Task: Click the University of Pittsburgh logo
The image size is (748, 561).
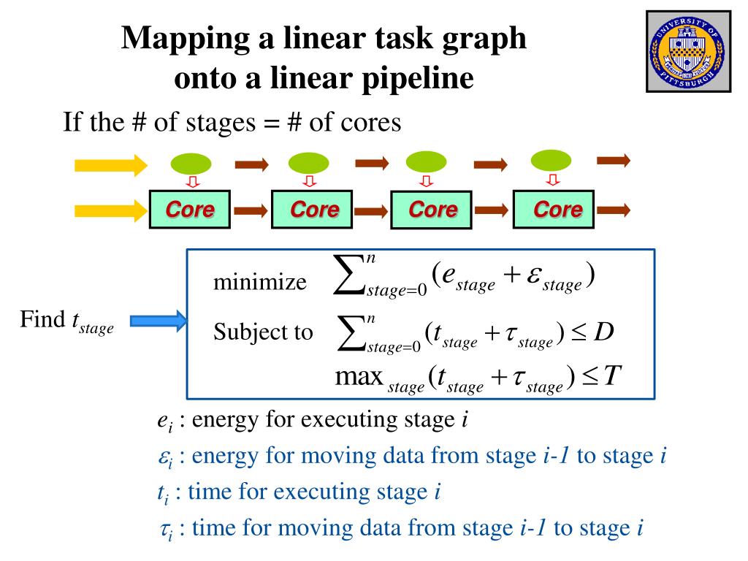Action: (688, 51)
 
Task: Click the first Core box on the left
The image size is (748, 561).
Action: (190, 210)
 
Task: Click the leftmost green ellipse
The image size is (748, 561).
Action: (191, 164)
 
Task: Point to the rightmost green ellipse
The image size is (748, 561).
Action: (551, 160)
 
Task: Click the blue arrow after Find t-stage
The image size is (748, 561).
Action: (158, 321)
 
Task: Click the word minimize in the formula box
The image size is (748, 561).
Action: (259, 282)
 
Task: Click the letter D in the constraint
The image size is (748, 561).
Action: (603, 332)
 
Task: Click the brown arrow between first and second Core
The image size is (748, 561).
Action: (251, 211)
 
